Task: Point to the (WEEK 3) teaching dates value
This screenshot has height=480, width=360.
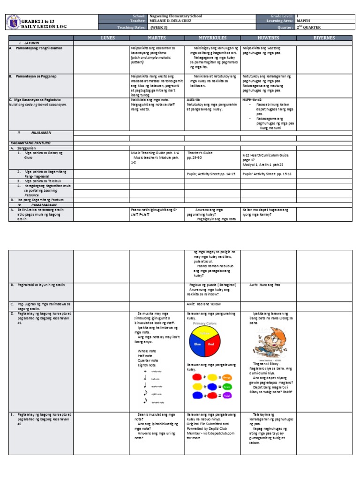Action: pos(159,27)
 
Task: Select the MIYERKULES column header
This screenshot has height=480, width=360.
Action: pos(212,37)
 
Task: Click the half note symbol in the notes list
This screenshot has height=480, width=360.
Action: pos(145,378)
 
